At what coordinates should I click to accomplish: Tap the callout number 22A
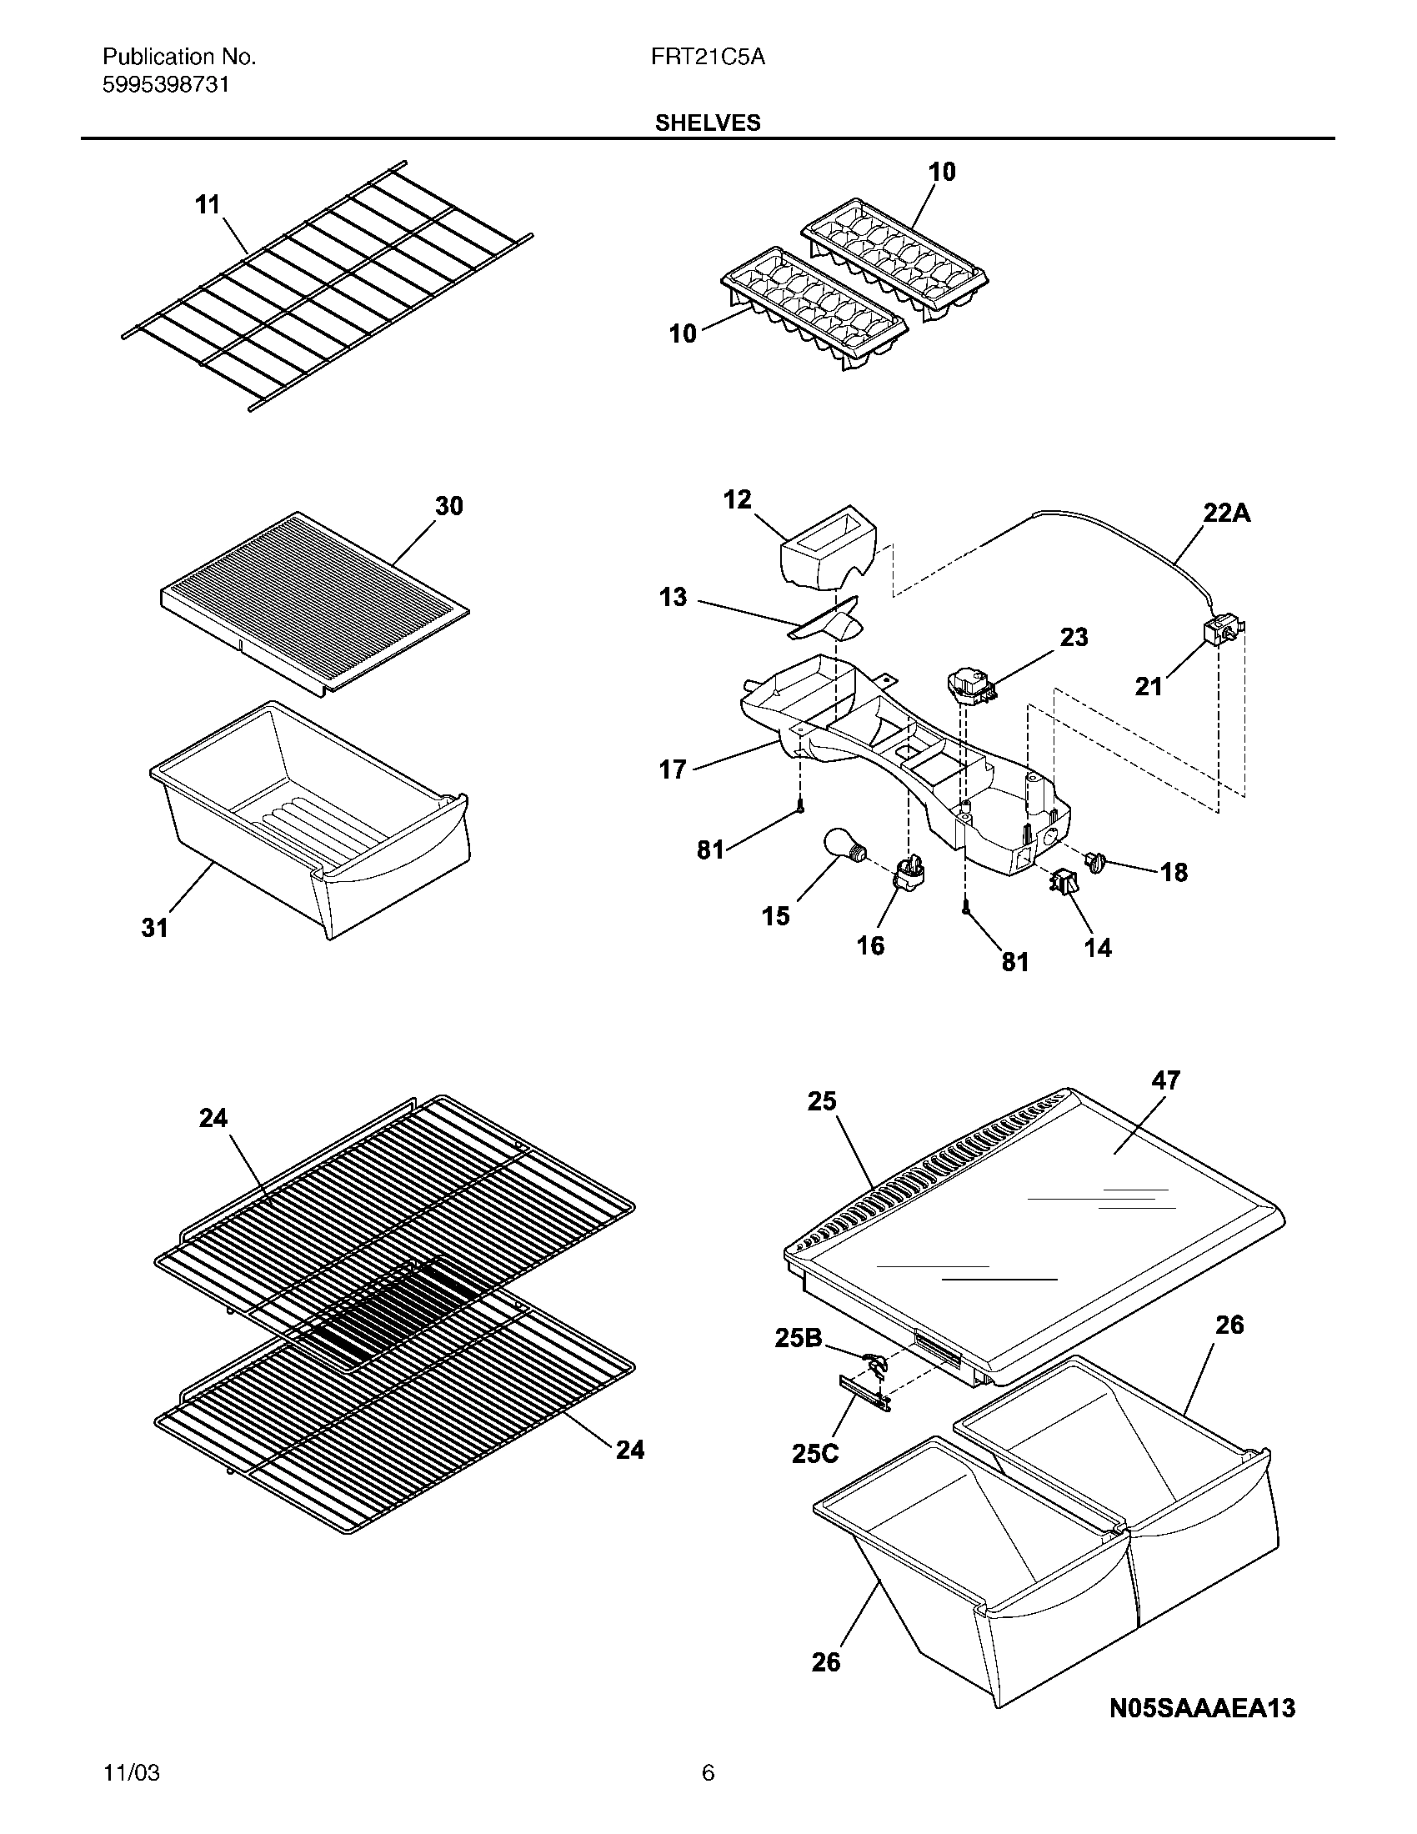(x=1226, y=513)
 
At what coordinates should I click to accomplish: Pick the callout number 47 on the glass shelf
(x=1165, y=1080)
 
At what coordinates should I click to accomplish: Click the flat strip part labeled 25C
(x=864, y=1389)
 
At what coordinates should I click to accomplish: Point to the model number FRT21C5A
(x=709, y=57)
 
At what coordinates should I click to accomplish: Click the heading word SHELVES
(x=708, y=123)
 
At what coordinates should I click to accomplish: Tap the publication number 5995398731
(x=165, y=85)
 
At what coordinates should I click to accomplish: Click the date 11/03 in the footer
(x=131, y=1771)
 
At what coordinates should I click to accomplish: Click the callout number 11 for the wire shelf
(x=208, y=204)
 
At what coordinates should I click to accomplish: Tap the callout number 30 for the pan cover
(x=448, y=505)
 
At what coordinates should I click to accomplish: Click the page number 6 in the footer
(x=708, y=1771)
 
